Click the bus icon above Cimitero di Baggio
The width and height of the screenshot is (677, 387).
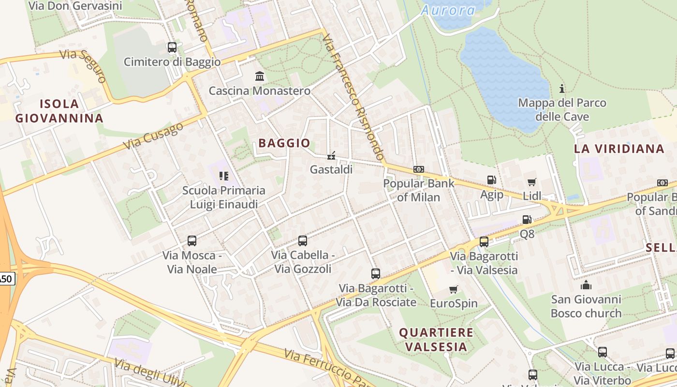pos(172,47)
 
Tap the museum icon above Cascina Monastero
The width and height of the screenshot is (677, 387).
pos(260,76)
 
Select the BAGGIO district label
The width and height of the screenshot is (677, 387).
pos(284,143)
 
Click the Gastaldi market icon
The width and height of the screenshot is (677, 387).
pos(331,156)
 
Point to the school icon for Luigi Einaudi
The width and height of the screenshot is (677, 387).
pos(223,176)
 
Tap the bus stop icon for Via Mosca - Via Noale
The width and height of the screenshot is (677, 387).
pos(192,240)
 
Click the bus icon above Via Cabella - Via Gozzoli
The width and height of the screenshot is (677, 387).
pos(303,240)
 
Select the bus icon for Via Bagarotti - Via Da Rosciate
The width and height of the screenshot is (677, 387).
pos(376,273)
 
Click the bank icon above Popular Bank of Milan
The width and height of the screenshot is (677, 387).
pos(419,169)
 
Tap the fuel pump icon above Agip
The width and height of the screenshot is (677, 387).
pos(492,180)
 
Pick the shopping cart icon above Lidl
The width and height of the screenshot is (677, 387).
pos(532,182)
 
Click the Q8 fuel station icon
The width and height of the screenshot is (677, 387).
pos(527,220)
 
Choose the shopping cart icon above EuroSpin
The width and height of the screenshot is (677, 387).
pos(454,289)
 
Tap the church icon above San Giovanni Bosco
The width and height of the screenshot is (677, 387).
pos(586,284)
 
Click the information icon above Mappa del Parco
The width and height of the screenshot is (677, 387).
pos(562,89)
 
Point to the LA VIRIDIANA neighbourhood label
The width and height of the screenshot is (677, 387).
pos(619,149)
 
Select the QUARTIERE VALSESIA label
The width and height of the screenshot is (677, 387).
pos(436,340)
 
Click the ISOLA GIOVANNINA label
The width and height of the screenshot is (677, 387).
pos(59,111)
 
